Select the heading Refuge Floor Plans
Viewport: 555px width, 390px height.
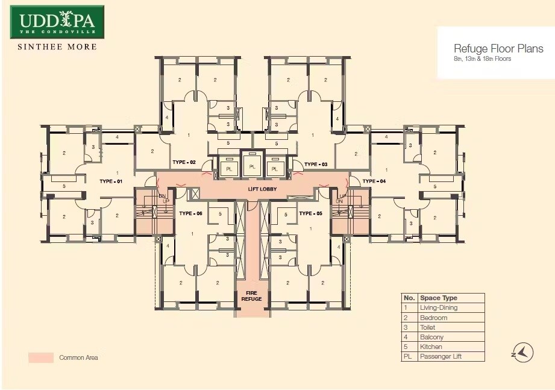(x=498, y=49)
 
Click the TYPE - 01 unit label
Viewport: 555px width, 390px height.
(x=111, y=181)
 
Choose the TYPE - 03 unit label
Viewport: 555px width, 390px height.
(x=316, y=164)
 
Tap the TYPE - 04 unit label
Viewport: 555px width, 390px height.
(x=374, y=181)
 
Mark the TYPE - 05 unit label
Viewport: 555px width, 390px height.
(x=311, y=213)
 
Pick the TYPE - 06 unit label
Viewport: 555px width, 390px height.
(x=191, y=213)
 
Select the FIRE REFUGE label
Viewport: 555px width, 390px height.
(x=252, y=296)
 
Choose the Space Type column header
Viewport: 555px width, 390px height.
(x=439, y=298)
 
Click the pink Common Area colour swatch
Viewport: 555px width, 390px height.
(x=41, y=357)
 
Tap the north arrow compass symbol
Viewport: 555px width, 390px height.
(x=523, y=353)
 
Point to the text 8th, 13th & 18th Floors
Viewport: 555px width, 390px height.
(x=482, y=59)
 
